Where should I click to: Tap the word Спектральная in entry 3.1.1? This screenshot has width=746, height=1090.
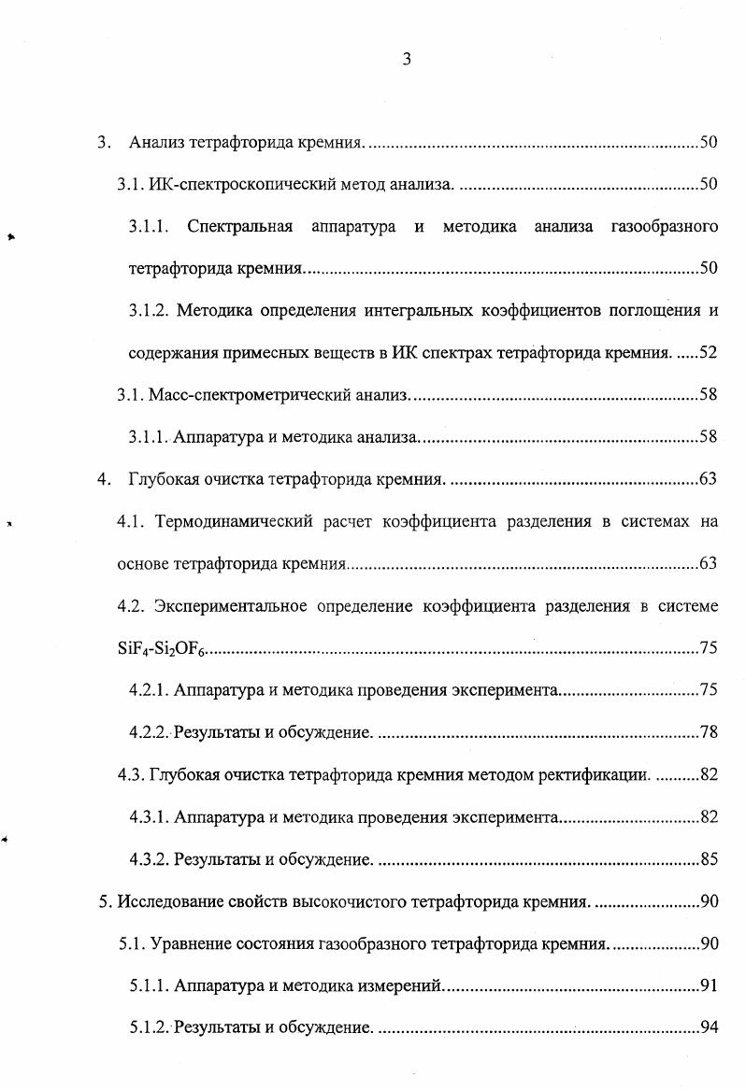pos(239,226)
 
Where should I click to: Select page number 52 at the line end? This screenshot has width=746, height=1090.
pos(708,352)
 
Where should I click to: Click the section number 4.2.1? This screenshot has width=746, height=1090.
pos(149,690)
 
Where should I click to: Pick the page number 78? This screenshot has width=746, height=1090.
pos(708,732)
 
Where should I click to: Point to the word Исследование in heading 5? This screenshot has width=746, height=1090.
pos(167,901)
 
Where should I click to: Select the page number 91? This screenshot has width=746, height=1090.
pos(708,986)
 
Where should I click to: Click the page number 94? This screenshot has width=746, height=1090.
pos(708,1028)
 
